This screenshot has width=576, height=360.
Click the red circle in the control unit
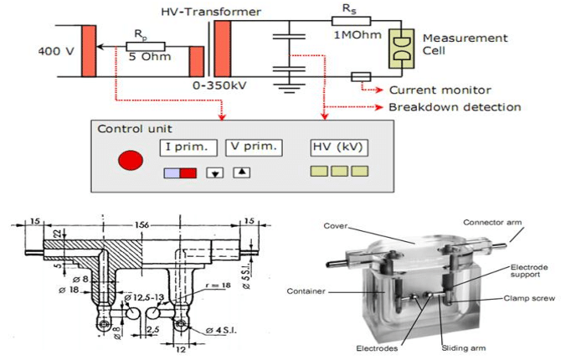(130, 159)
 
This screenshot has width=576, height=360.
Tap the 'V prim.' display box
(254, 148)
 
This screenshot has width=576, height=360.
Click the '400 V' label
(55, 51)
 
